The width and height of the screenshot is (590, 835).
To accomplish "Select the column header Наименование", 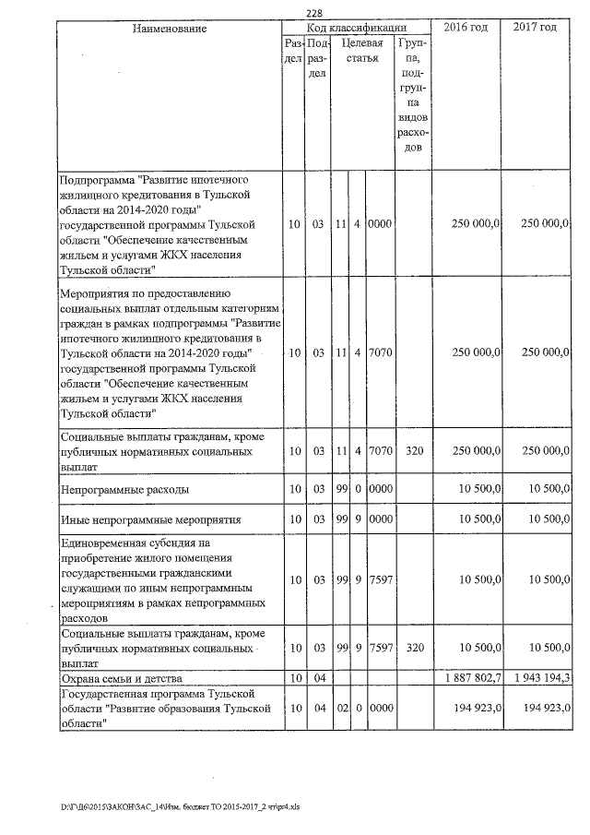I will (169, 29).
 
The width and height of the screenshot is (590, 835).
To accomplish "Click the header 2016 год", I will (466, 28).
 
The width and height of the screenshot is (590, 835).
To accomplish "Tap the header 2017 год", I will (535, 28).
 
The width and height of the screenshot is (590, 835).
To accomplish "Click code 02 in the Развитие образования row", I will (340, 707).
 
